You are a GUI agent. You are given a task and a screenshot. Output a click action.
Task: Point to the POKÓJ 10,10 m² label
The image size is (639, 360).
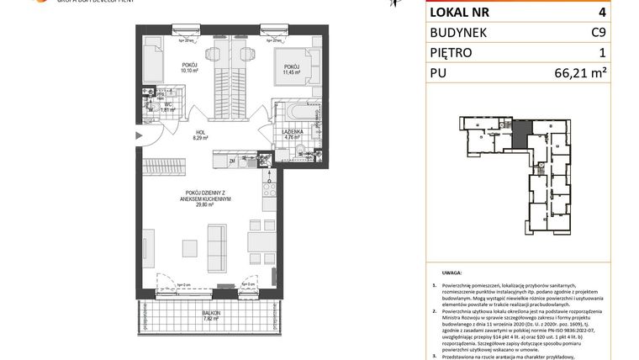pyautogui.click(x=193, y=68)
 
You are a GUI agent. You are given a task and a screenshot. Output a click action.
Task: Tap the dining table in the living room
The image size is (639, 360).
pyautogui.click(x=256, y=244)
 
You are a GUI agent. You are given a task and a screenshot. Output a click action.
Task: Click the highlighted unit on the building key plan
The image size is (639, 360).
pyautogui.click(x=522, y=131)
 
